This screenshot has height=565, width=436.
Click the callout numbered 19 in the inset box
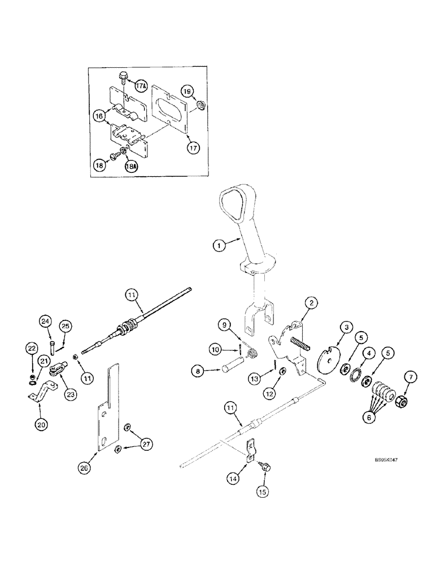pyautogui.click(x=187, y=90)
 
